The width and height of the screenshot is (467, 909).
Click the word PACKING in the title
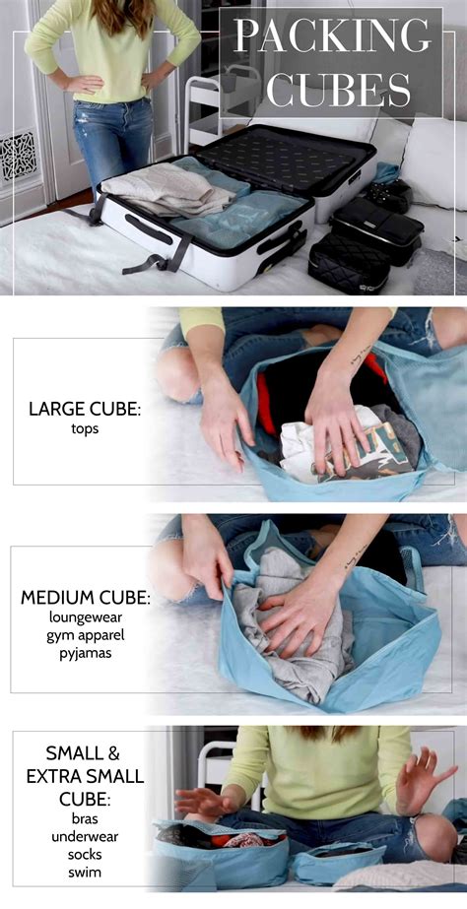coord(333,36)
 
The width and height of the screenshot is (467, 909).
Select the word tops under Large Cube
coord(86,430)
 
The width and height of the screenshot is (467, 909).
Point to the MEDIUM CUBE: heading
coord(86,598)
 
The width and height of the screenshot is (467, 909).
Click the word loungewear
coord(86,617)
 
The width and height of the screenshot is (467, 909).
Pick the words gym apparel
coord(86,634)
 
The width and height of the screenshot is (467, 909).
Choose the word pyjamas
coord(86,653)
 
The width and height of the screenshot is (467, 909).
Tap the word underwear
coord(84,837)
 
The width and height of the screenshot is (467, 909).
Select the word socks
coord(84,854)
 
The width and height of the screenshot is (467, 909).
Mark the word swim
coord(84,871)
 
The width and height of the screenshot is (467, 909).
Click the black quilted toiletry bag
coord(348,263)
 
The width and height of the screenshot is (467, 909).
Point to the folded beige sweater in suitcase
coord(168,188)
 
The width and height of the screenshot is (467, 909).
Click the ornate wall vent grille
coord(18,155)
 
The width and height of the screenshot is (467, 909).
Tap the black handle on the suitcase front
coord(148,229)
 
